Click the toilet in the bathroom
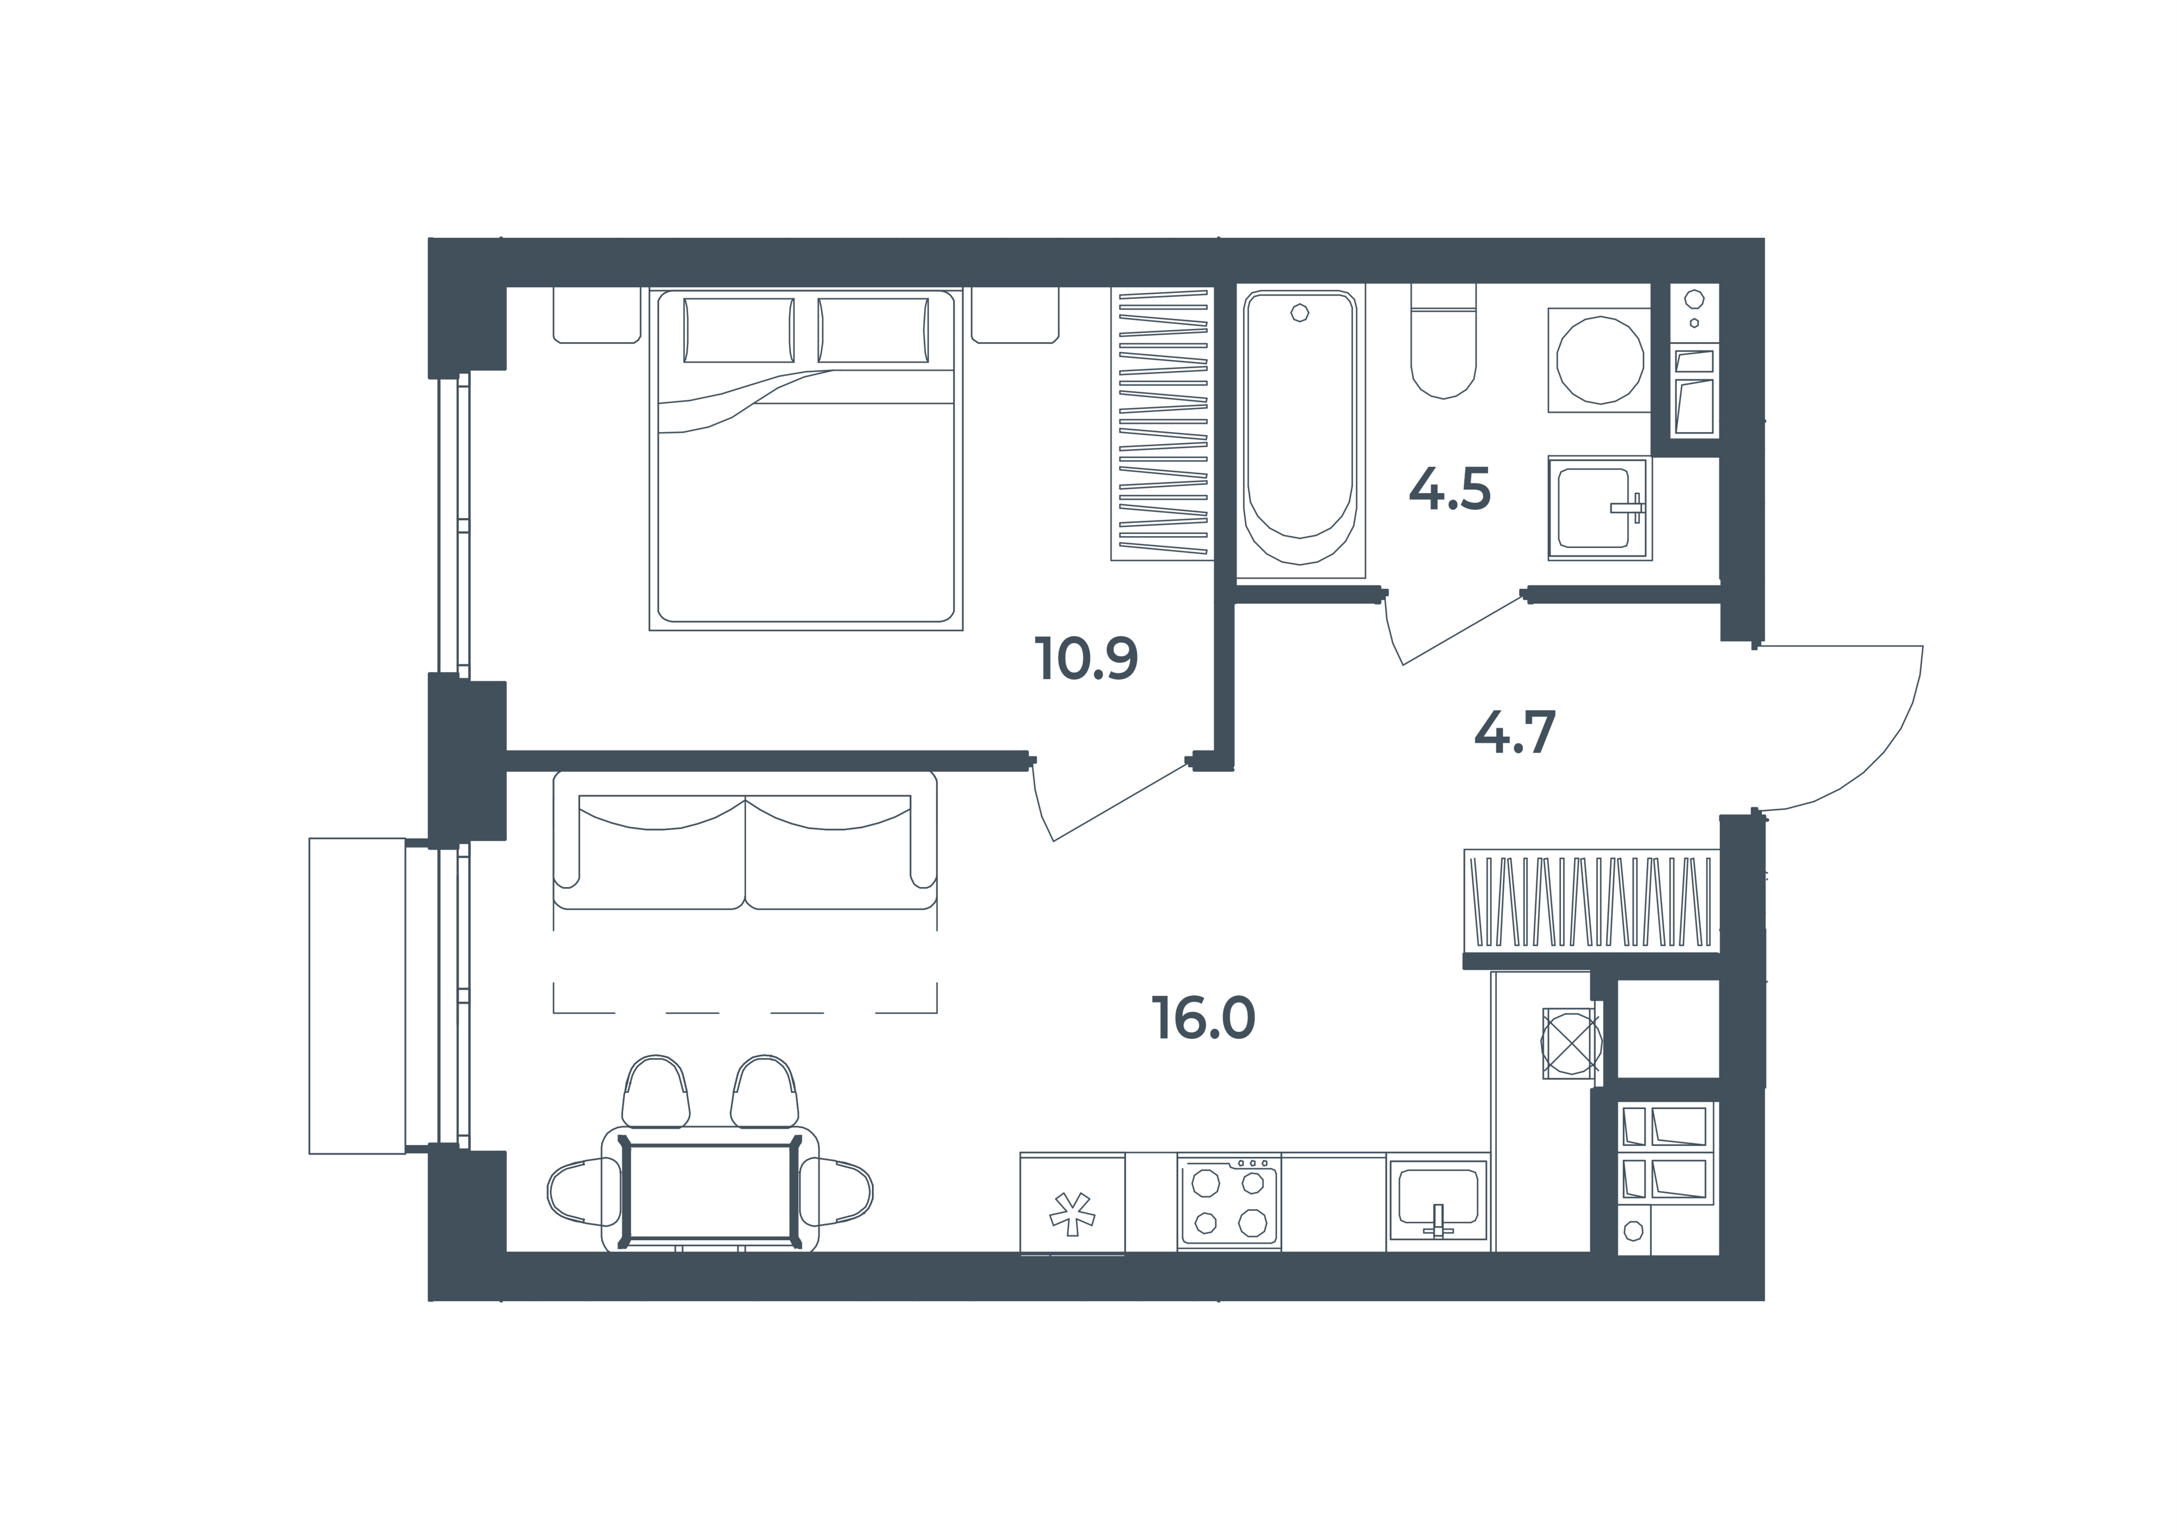[1443, 341]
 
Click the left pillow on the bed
[739, 330]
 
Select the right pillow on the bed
[874, 330]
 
